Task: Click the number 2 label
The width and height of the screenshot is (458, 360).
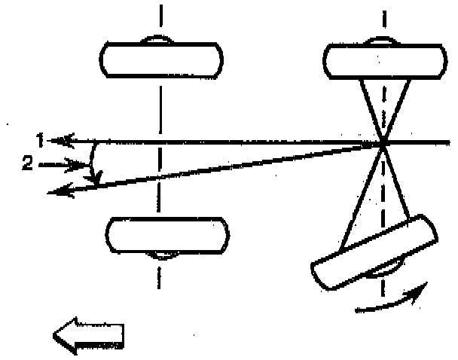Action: tap(27, 164)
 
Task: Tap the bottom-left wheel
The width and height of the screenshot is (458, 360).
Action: tap(166, 236)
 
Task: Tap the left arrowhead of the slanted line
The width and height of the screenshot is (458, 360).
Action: tap(54, 193)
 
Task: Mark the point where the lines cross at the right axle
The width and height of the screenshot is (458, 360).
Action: tap(383, 142)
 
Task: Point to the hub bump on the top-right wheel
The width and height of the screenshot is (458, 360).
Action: tap(383, 41)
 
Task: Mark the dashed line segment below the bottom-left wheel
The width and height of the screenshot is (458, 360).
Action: tap(158, 275)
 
